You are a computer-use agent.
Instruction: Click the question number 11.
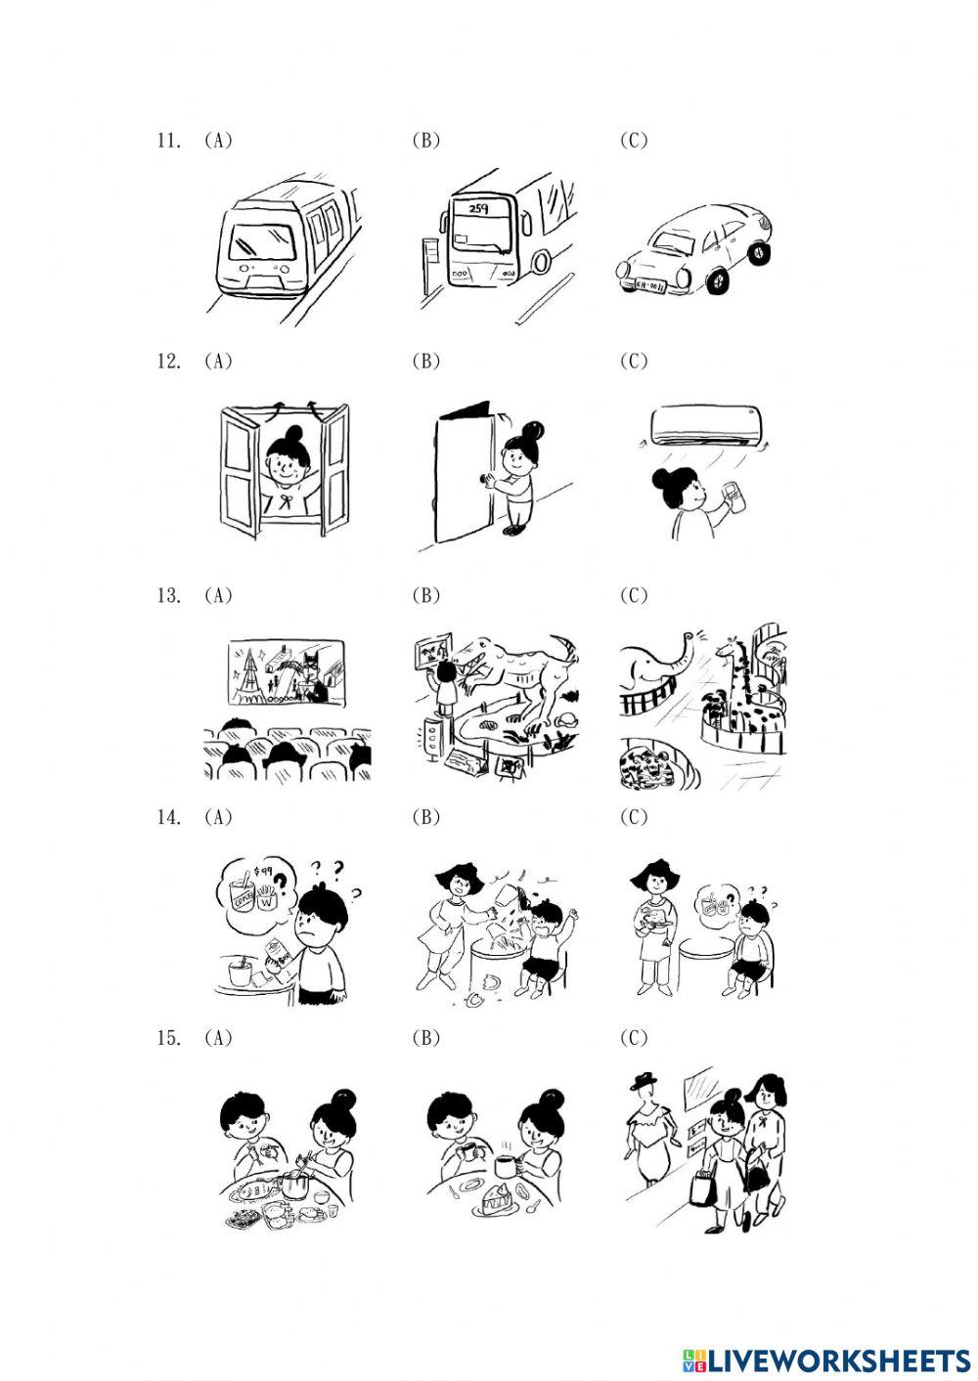click(x=168, y=140)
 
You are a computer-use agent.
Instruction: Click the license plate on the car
click(x=650, y=285)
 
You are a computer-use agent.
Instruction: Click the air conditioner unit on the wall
click(x=705, y=427)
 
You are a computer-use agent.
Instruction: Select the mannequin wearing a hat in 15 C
click(x=645, y=1134)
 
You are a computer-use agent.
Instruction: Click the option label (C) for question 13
click(x=633, y=595)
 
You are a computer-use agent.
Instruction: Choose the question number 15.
click(x=168, y=1038)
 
